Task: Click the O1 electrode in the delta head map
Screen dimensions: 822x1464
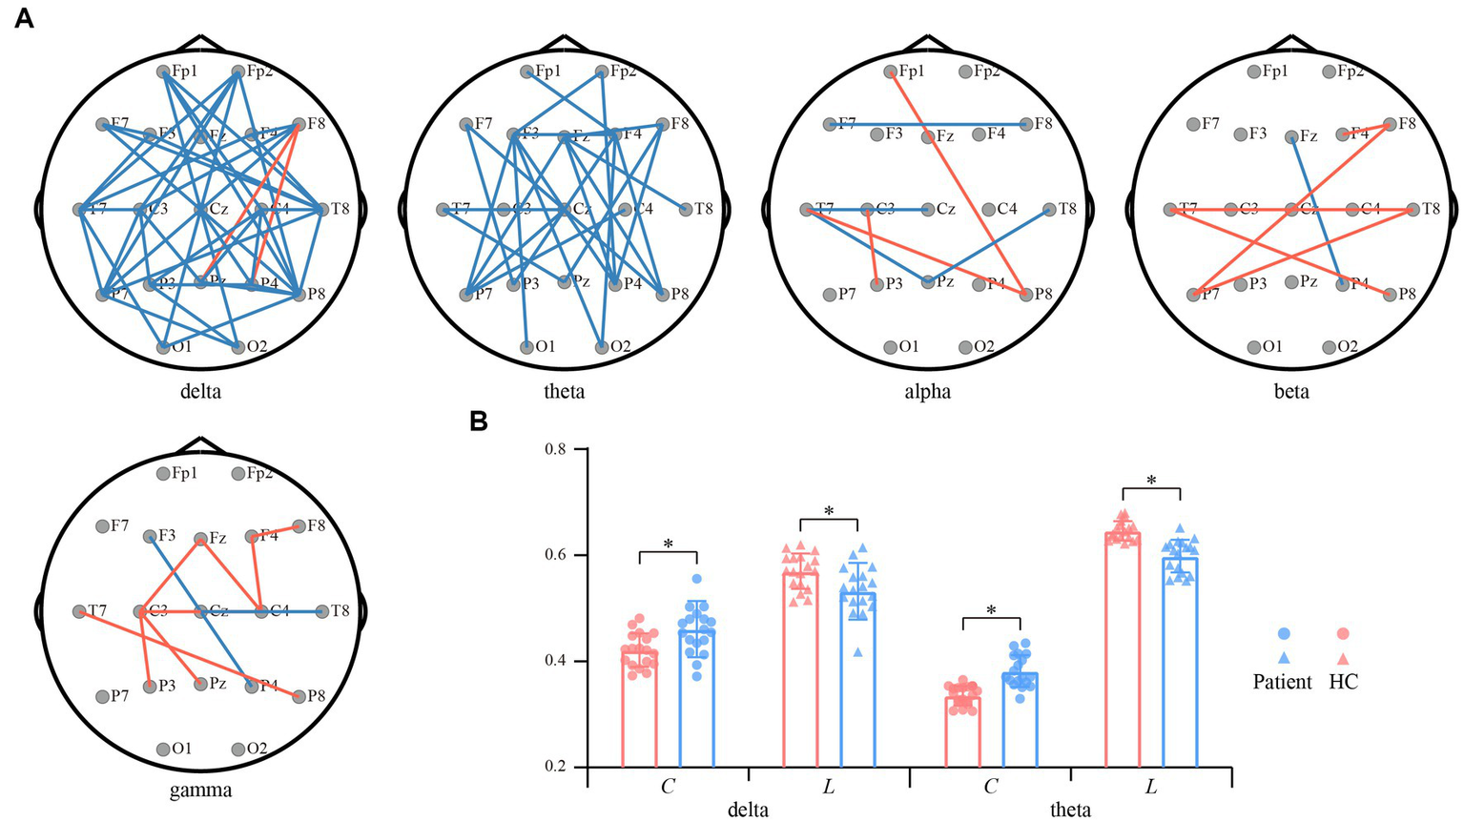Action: pyautogui.click(x=163, y=347)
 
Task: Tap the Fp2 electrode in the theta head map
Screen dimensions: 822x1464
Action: pyautogui.click(x=602, y=72)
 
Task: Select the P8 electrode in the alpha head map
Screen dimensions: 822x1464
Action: pyautogui.click(x=1025, y=295)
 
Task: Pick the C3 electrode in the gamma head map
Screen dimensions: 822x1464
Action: pyautogui.click(x=140, y=611)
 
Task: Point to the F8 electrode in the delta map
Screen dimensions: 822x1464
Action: pyautogui.click(x=299, y=124)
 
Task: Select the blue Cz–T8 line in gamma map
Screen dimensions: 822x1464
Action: pyautogui.click(x=291, y=611)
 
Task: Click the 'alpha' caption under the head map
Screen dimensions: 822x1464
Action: pyautogui.click(x=928, y=391)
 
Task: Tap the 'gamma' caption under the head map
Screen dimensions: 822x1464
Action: pyautogui.click(x=200, y=790)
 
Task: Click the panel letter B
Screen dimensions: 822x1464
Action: pyautogui.click(x=479, y=421)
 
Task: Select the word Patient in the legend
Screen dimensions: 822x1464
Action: pyautogui.click(x=1283, y=682)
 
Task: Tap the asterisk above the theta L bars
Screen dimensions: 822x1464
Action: pyautogui.click(x=1151, y=481)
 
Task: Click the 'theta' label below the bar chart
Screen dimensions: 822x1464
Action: pyautogui.click(x=1070, y=811)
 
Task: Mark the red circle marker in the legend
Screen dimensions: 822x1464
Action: pyautogui.click(x=1343, y=634)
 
